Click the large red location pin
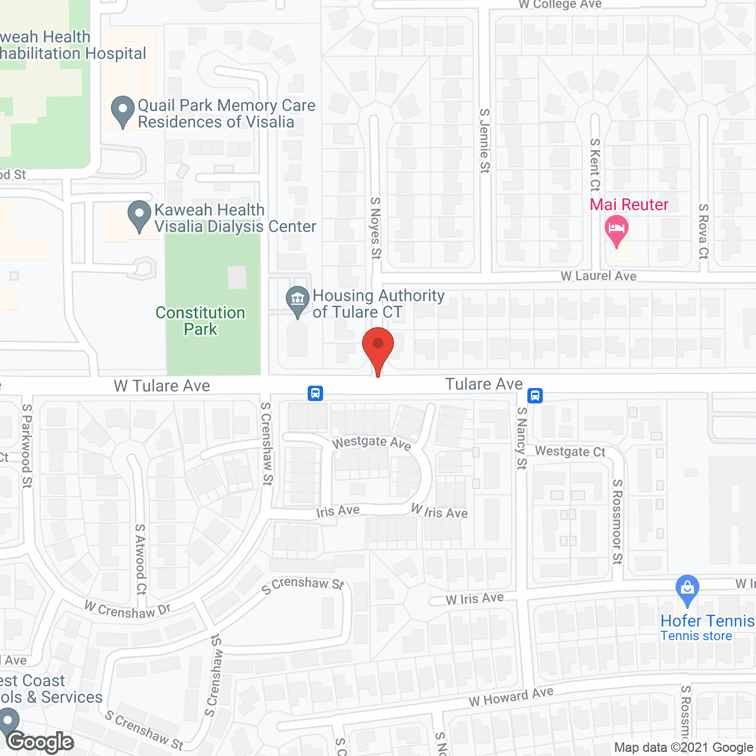(x=378, y=346)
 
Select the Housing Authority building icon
(x=298, y=300)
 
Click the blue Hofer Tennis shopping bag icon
(x=687, y=589)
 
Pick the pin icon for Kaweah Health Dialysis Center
(x=139, y=215)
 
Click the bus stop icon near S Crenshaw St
(x=315, y=393)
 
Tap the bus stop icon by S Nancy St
(x=535, y=395)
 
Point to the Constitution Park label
(x=200, y=321)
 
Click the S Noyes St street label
(x=376, y=228)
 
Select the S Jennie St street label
(x=485, y=141)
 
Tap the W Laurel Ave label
(x=598, y=276)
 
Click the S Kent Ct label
(x=595, y=165)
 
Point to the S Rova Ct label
(x=703, y=231)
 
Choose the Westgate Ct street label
(x=570, y=451)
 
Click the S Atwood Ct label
(x=141, y=559)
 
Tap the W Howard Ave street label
(x=511, y=697)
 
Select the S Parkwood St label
(x=27, y=446)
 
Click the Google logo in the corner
(x=40, y=742)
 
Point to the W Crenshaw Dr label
(x=128, y=610)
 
